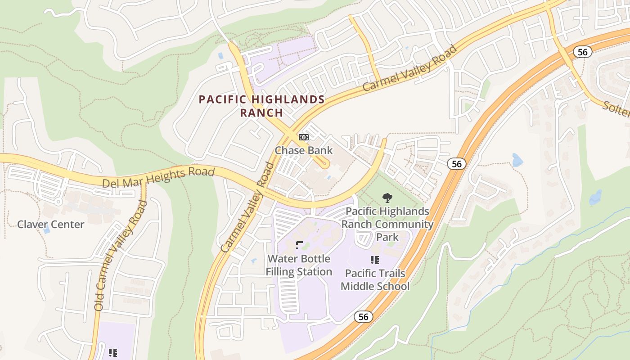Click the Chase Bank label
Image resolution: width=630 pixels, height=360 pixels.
303,150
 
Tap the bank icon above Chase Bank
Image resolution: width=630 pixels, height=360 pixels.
304,137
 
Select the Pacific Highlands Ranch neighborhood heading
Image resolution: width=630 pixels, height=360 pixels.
261,106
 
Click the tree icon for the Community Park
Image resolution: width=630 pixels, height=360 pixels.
387,198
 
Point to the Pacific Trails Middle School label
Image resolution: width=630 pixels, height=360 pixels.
375,279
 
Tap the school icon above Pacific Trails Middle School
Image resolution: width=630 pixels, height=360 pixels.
374,260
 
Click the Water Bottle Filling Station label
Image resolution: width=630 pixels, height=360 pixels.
299,265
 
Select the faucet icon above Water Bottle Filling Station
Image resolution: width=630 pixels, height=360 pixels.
299,245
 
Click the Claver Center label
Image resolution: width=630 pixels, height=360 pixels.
50,224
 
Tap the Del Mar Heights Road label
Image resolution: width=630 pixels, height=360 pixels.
158,177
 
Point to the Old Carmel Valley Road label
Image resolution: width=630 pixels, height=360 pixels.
121,256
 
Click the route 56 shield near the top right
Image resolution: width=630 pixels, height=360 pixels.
582,52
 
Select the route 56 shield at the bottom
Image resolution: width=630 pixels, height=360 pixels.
363,317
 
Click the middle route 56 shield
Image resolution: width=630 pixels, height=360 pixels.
456,164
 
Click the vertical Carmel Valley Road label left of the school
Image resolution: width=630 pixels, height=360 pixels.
248,207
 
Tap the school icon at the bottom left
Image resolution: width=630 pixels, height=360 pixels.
113,353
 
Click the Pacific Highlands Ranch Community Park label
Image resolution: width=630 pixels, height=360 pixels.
387,224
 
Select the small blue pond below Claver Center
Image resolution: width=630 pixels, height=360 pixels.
47,230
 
